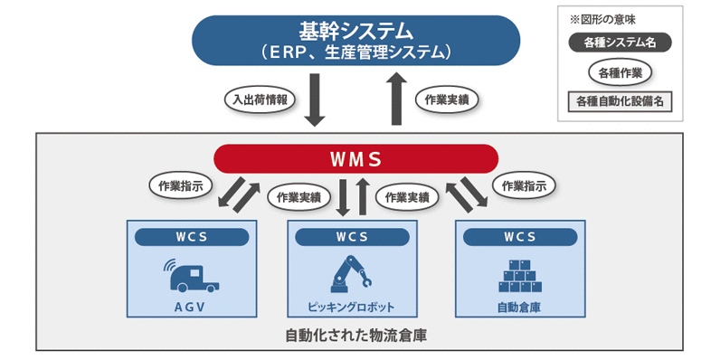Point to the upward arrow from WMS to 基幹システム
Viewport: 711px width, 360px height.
[x=396, y=100]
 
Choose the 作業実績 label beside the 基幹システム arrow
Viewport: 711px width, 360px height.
[x=447, y=99]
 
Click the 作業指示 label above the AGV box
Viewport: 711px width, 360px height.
[x=180, y=185]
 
